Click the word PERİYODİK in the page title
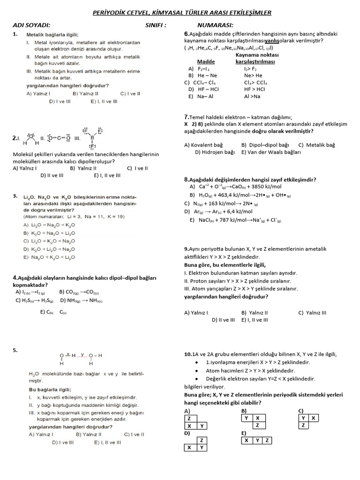113,13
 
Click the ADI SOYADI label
31,25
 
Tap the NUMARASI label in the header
215,25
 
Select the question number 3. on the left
15,195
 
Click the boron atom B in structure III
92,138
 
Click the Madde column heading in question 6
206,61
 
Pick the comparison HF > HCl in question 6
255,89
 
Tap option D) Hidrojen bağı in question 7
215,152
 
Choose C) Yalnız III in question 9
312,313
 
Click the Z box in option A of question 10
188,418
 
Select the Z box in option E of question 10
267,440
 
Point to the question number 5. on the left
15,350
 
